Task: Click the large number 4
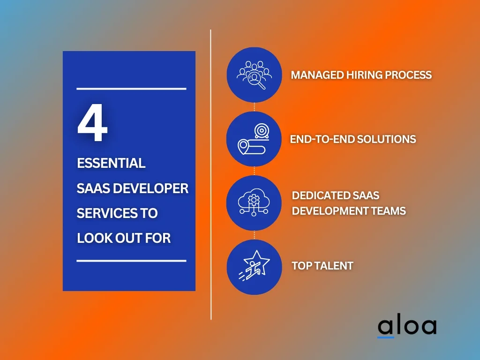[x=92, y=123]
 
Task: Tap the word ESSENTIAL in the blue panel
[x=111, y=163]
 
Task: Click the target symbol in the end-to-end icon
[x=262, y=131]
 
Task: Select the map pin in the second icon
[x=243, y=146]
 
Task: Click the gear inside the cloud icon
[x=254, y=200]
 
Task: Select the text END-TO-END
[x=322, y=139]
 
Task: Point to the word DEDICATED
[x=320, y=195]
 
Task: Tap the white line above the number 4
[x=131, y=89]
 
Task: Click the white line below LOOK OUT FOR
[x=131, y=261]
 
